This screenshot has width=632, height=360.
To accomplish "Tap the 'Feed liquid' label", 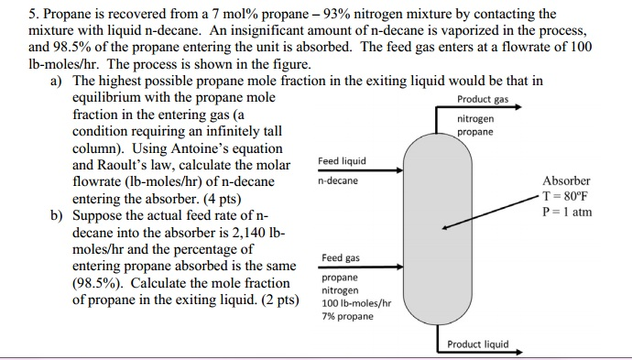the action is tap(342, 161).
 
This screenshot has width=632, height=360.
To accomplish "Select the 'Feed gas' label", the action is tap(341, 258).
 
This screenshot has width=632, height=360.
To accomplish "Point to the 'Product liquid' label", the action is tap(477, 344).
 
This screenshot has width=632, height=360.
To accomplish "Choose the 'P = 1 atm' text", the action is tap(567, 212).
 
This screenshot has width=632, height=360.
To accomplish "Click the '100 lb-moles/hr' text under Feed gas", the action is tap(356, 303).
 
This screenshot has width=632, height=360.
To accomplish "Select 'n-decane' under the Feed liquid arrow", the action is tap(338, 181).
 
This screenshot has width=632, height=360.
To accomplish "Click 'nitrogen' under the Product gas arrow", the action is tap(475, 119).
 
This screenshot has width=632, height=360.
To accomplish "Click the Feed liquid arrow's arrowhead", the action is tap(399, 170).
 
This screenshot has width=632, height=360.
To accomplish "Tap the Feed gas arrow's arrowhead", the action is tap(399, 267).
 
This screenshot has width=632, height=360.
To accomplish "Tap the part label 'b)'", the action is tap(58, 217).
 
